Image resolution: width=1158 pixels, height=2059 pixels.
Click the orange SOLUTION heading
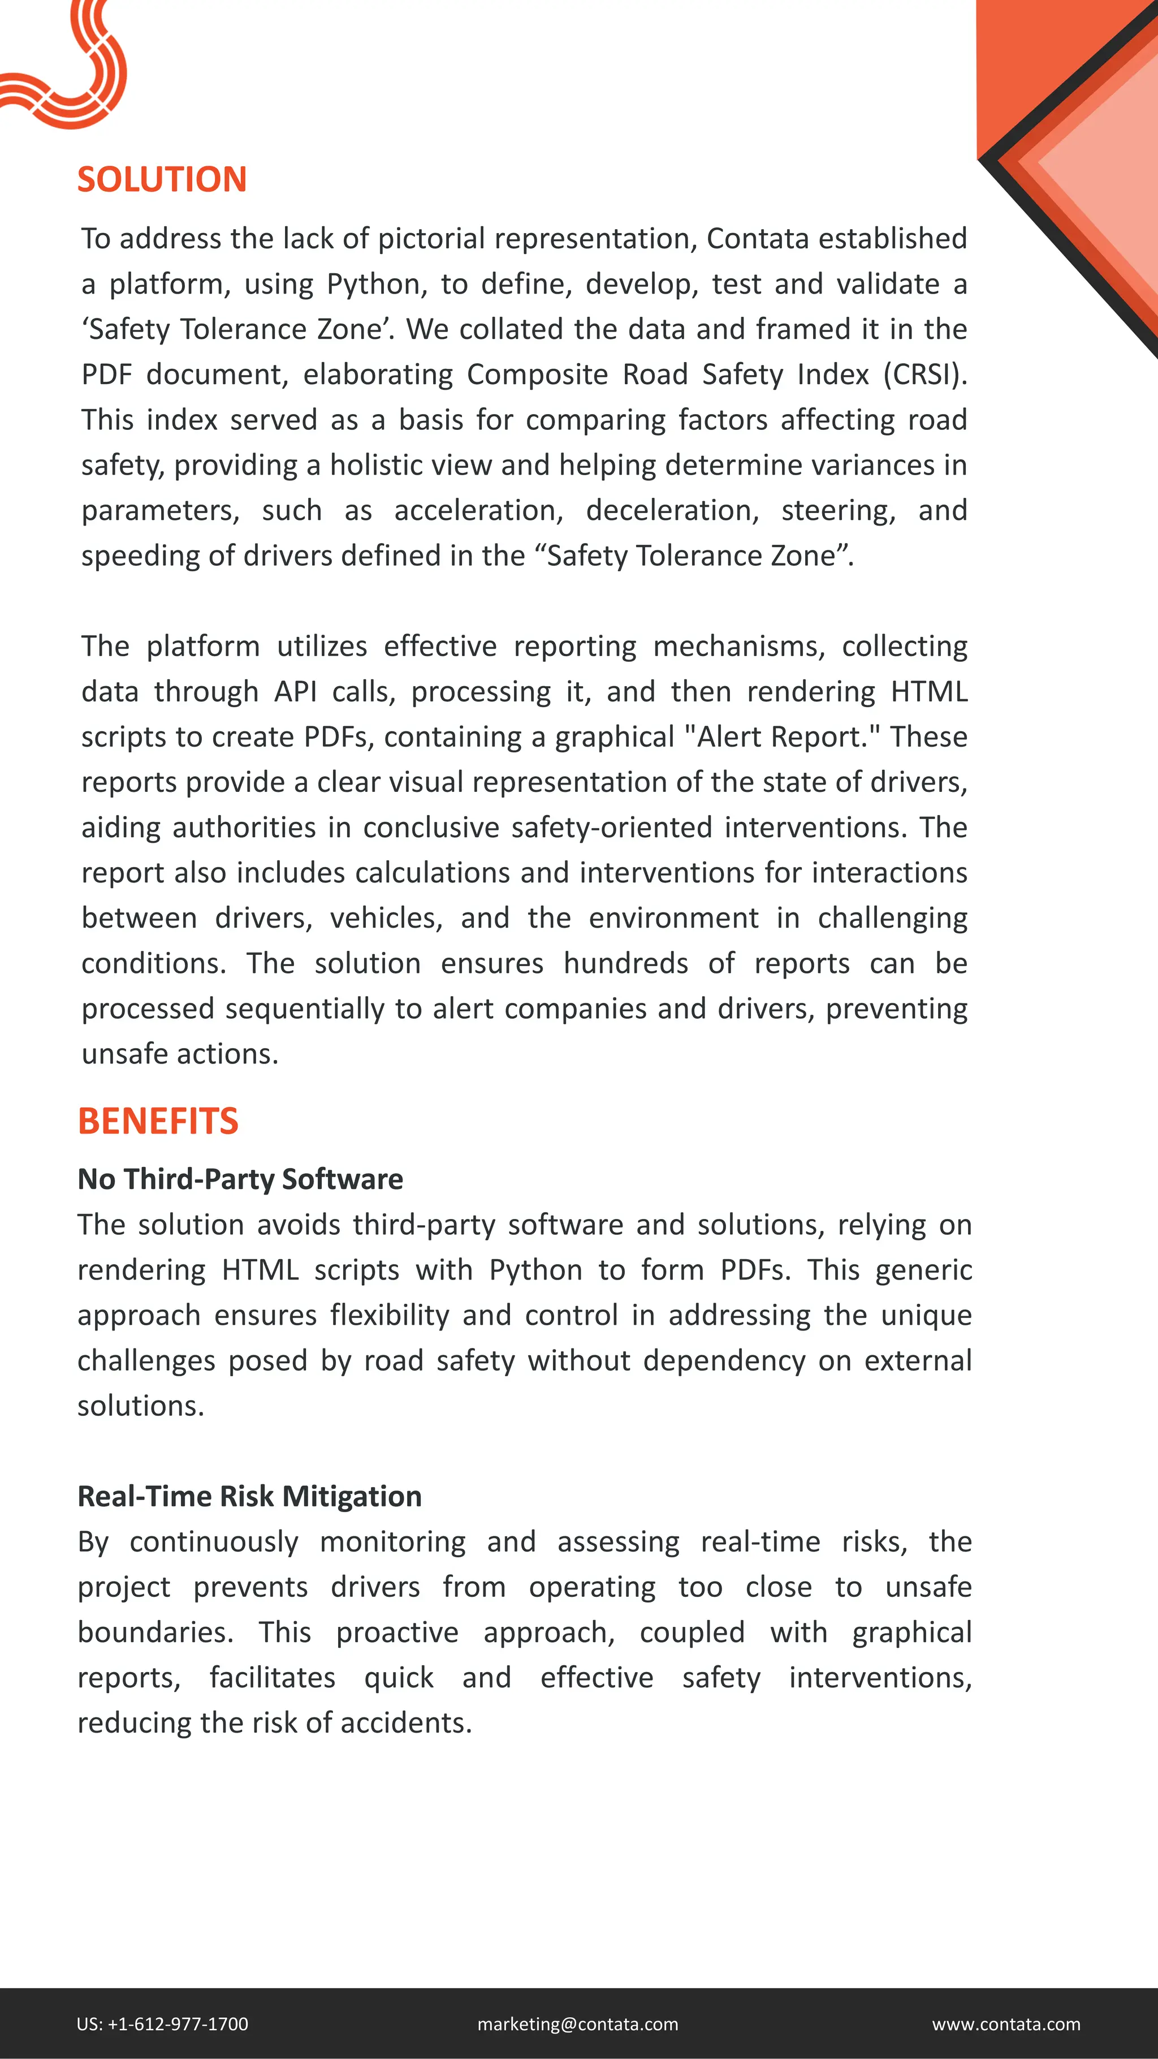pyautogui.click(x=162, y=179)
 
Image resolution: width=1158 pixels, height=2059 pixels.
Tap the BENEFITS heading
pyautogui.click(x=157, y=1121)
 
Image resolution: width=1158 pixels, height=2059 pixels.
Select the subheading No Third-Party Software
pyautogui.click(x=240, y=1179)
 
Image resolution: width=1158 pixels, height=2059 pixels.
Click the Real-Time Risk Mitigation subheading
pyautogui.click(x=249, y=1496)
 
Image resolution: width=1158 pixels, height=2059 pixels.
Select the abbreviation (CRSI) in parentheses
pyautogui.click(x=924, y=374)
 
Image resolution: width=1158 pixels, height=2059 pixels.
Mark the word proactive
pyautogui.click(x=396, y=1631)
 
